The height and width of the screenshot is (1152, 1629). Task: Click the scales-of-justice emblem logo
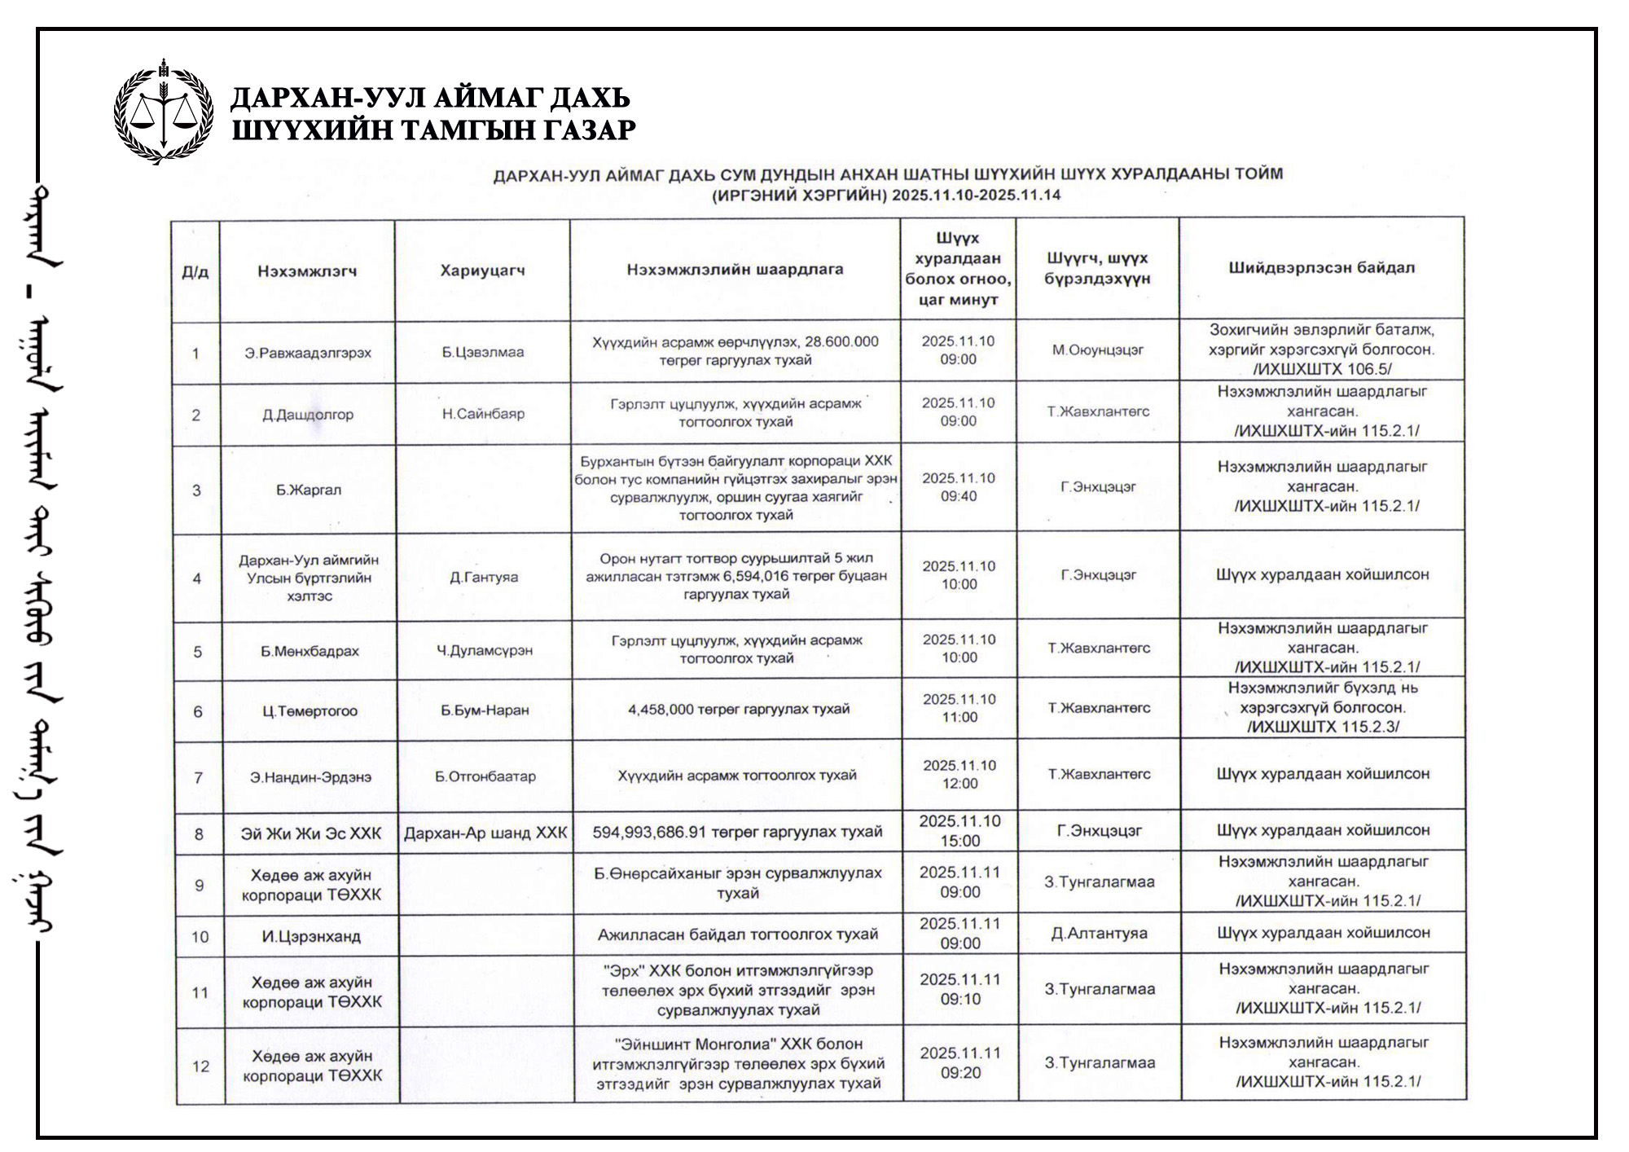tap(164, 112)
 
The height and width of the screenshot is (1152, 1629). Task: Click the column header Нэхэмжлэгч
tap(307, 271)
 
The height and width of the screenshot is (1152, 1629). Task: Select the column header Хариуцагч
tap(482, 270)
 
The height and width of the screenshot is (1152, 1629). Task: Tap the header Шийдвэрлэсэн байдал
tap(1321, 268)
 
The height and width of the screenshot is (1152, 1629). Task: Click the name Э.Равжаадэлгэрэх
tap(308, 353)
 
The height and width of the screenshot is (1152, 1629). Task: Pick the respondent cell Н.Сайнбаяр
tap(483, 414)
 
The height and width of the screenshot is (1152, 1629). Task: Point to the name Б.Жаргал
tap(309, 490)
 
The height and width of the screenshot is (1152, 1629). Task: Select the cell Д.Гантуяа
tap(484, 577)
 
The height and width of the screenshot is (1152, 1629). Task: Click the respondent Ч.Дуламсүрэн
tap(485, 650)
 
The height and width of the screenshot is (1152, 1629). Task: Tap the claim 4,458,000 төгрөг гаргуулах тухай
tap(738, 710)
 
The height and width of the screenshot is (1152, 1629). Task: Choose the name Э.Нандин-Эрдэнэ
tap(310, 777)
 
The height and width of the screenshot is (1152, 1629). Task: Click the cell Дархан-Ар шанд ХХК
tap(485, 833)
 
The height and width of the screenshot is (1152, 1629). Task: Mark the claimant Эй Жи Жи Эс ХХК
tap(311, 833)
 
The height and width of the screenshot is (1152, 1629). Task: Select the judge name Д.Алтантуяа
tap(1099, 934)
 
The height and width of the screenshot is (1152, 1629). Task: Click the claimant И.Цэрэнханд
tap(311, 936)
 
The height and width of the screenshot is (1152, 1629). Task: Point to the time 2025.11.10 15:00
tap(960, 831)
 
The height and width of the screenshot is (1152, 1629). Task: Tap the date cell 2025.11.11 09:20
tap(961, 1062)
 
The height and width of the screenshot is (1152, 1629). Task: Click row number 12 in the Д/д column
tap(200, 1066)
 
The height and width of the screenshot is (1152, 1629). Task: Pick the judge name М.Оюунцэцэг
tap(1097, 350)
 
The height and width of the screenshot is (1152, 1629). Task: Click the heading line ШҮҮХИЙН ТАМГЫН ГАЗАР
tap(433, 130)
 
